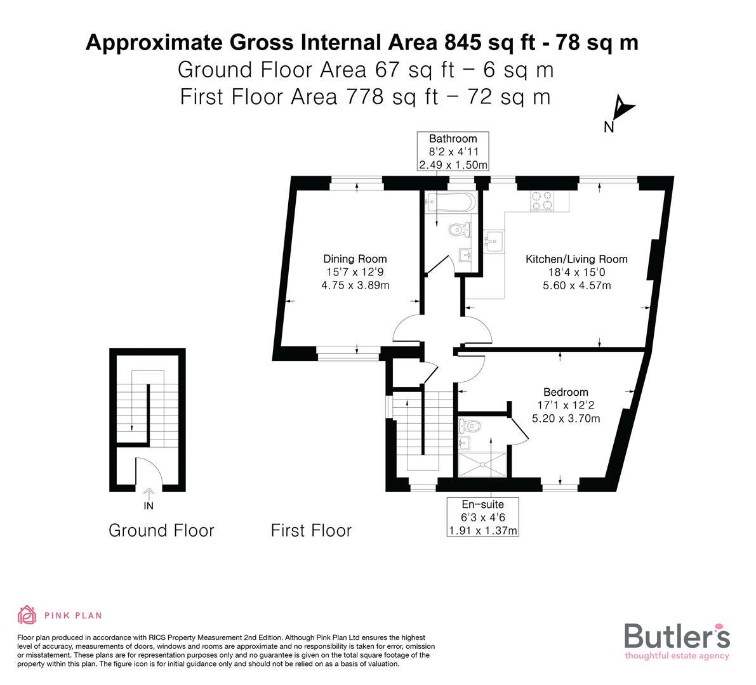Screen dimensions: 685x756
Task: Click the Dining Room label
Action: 355,259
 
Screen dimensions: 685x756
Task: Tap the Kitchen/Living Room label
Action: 576,259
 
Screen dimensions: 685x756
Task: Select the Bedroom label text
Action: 565,392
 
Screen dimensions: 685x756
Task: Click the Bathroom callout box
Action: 453,152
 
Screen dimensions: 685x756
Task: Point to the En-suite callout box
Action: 482,517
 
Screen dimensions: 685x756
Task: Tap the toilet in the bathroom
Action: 457,229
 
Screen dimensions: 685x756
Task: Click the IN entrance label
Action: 149,506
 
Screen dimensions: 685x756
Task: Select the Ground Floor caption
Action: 161,530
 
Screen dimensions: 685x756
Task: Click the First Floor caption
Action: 311,530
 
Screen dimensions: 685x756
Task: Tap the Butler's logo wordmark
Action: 677,636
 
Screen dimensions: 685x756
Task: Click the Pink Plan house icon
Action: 26,615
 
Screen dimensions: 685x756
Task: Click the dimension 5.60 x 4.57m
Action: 576,285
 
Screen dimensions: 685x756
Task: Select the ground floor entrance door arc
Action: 149,473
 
